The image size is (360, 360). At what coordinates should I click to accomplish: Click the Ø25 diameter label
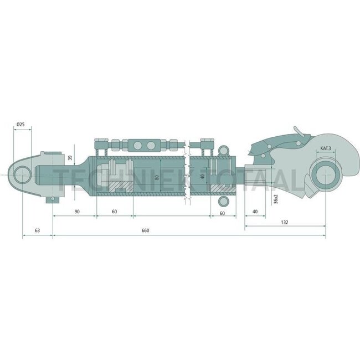[20, 125]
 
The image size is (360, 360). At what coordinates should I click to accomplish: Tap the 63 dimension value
[37, 230]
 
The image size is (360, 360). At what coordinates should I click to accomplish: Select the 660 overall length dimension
[145, 230]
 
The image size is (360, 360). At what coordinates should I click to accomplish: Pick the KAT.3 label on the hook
[325, 148]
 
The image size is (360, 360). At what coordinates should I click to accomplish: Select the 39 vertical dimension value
[70, 158]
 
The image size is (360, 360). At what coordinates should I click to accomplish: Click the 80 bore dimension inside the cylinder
[157, 177]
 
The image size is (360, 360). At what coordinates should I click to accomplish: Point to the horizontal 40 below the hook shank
[255, 212]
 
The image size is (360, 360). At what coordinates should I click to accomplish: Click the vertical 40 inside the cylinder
[203, 177]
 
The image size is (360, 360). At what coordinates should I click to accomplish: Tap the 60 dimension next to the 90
[115, 212]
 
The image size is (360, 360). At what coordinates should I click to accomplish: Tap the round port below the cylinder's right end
[224, 200]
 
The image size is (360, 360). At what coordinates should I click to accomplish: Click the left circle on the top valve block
[137, 145]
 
